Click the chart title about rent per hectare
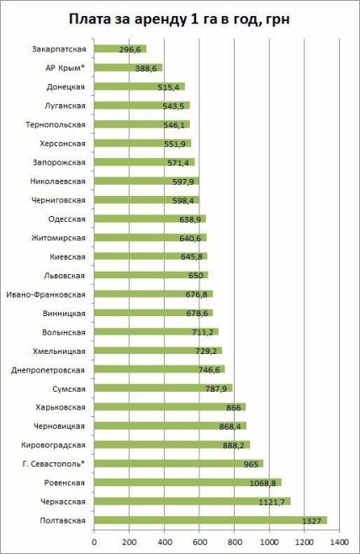click(x=180, y=18)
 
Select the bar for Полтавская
click(x=210, y=520)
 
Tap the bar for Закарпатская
click(x=119, y=49)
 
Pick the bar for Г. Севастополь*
click(x=178, y=463)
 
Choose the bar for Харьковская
click(x=169, y=407)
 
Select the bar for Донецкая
click(x=139, y=87)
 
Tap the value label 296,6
click(x=131, y=50)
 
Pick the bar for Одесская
click(x=150, y=219)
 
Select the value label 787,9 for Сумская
click(x=217, y=388)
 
